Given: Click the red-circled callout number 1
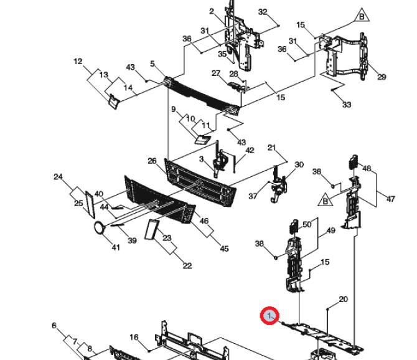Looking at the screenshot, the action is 269,316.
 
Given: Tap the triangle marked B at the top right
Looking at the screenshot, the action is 362,16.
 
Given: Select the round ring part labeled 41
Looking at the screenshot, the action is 100,228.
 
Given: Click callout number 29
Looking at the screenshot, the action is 382,77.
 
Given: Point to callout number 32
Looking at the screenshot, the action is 263,12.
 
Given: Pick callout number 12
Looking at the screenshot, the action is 78,62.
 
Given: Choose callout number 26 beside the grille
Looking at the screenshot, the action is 152,161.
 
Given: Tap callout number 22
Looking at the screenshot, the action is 187,265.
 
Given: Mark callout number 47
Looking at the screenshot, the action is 390,199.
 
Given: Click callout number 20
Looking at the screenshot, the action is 344,300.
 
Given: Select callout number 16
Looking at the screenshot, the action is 134,338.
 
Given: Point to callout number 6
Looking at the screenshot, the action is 54,325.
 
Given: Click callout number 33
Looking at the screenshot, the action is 347,105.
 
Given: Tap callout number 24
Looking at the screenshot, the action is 59,177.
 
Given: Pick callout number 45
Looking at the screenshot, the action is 225,249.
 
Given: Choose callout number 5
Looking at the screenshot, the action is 152,64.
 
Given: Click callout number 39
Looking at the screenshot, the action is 132,240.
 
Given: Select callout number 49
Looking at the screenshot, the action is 331,230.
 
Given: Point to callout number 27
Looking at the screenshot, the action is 216,73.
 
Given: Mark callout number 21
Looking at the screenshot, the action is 271,148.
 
